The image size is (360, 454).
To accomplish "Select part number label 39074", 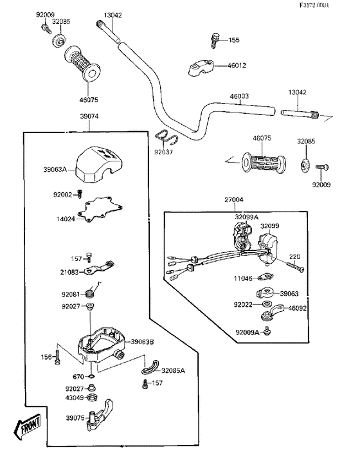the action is (89, 116).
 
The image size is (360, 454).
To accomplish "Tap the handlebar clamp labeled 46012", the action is (201, 68).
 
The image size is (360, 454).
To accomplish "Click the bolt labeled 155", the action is (214, 41).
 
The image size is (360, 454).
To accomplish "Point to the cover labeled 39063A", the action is (98, 165).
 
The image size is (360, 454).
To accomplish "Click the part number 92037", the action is (163, 152).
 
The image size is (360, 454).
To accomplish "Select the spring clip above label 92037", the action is (166, 137).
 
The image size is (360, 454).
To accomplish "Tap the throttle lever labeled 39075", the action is (99, 415).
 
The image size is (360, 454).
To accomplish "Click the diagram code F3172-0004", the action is (314, 5).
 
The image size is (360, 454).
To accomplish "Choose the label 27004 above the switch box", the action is (234, 200).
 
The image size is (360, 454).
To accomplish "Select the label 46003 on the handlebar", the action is (239, 96).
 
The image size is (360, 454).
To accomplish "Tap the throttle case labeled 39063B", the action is (101, 345).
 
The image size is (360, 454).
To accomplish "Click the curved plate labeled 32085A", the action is (150, 367).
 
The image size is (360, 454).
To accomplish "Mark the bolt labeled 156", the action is (58, 357).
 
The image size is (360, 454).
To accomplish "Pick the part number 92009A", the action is (248, 332).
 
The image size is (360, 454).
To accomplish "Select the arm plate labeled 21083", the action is (99, 268).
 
